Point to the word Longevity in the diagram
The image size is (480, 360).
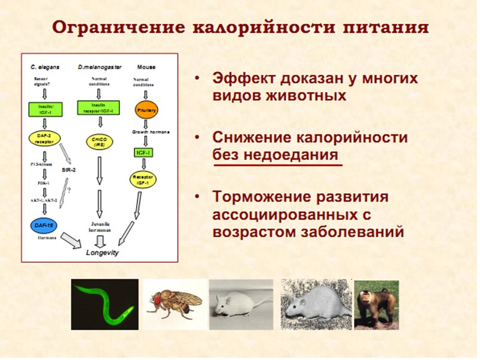[x=103, y=253]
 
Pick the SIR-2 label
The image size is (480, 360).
[x=70, y=170]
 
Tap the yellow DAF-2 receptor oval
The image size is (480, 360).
[x=44, y=139]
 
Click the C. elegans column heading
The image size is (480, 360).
[x=43, y=67]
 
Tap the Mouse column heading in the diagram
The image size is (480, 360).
[x=146, y=67]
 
